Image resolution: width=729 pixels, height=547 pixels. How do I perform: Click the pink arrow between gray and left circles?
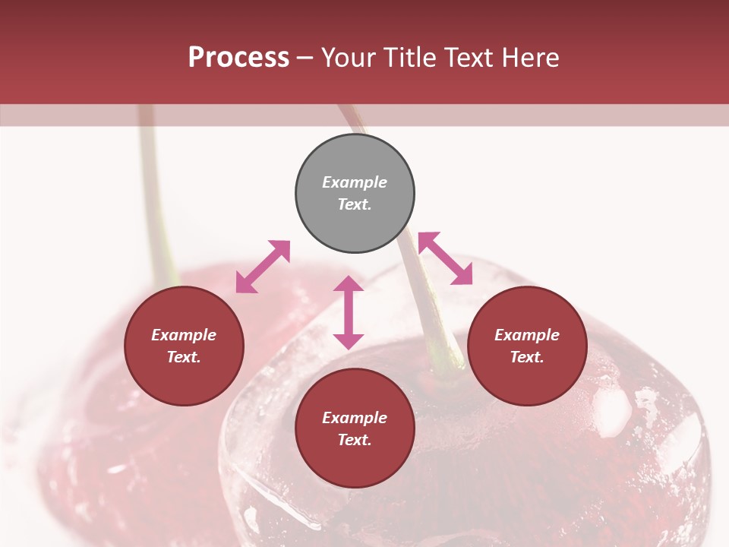[x=263, y=267]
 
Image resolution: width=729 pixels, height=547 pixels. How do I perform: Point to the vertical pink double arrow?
[x=349, y=312]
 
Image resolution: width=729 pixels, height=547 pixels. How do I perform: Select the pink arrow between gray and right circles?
[x=446, y=258]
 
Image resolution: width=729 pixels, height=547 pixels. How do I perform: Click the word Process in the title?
[x=238, y=57]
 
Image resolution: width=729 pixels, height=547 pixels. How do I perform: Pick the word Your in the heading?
[x=349, y=57]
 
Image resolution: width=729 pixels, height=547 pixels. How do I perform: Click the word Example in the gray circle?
[x=355, y=182]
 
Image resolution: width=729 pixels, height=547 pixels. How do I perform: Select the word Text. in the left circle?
[x=184, y=357]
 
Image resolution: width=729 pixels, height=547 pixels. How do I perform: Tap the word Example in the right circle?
[x=527, y=335]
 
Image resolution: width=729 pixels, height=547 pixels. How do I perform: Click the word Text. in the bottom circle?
[x=355, y=440]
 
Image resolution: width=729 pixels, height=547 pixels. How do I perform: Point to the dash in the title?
[x=305, y=58]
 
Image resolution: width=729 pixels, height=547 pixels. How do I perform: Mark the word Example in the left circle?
[x=184, y=335]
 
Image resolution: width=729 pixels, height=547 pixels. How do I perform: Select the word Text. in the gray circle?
[x=355, y=204]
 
